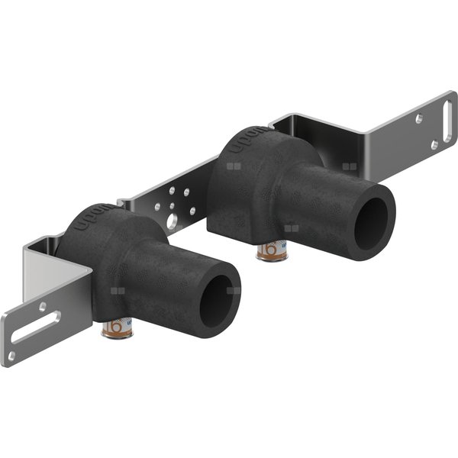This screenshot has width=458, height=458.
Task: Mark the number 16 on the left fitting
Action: click(115, 327)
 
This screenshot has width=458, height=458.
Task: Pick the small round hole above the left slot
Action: click(44, 305)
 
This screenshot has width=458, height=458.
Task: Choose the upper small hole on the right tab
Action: click(419, 118)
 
